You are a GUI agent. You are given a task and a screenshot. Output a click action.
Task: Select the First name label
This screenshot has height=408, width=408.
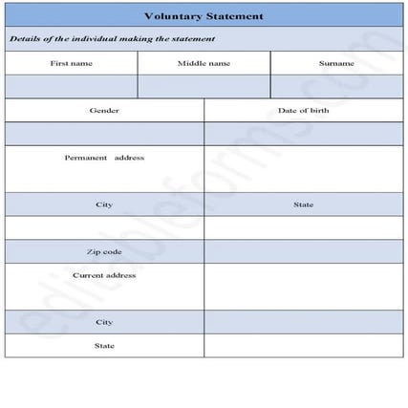point(72,63)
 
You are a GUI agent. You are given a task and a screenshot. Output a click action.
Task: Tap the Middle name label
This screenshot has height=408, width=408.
point(204,63)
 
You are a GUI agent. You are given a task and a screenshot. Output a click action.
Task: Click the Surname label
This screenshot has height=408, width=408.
point(336,63)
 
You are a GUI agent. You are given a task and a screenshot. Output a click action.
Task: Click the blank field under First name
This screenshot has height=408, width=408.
point(72,86)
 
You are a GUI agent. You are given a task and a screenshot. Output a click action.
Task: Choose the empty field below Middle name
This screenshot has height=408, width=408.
point(204,86)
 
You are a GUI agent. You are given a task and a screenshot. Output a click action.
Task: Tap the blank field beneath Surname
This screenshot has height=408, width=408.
point(336,86)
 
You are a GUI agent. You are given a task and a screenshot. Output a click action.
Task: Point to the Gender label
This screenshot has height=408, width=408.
point(104,111)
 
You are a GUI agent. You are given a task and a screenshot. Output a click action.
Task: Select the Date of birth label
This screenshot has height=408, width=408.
point(303,111)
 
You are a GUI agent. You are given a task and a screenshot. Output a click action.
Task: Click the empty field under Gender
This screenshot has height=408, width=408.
point(104,134)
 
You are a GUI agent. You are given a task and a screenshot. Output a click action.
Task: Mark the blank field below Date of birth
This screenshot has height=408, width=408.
point(303,134)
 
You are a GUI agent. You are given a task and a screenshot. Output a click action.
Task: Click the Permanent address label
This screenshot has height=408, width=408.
point(104,158)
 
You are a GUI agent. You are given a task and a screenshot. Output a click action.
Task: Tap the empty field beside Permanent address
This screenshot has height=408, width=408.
point(303,168)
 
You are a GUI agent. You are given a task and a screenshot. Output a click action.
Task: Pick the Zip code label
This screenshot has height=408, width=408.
point(104,251)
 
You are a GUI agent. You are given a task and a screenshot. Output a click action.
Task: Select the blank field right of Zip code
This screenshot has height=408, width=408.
point(303,251)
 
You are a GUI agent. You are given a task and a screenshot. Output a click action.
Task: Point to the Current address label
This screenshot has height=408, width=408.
point(104,275)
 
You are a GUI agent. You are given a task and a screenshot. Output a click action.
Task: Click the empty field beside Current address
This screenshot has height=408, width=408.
point(303,286)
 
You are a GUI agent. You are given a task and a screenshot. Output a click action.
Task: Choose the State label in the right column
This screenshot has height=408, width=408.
point(303,204)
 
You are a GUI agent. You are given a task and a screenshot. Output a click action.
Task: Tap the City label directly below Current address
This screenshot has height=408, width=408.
point(104,322)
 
